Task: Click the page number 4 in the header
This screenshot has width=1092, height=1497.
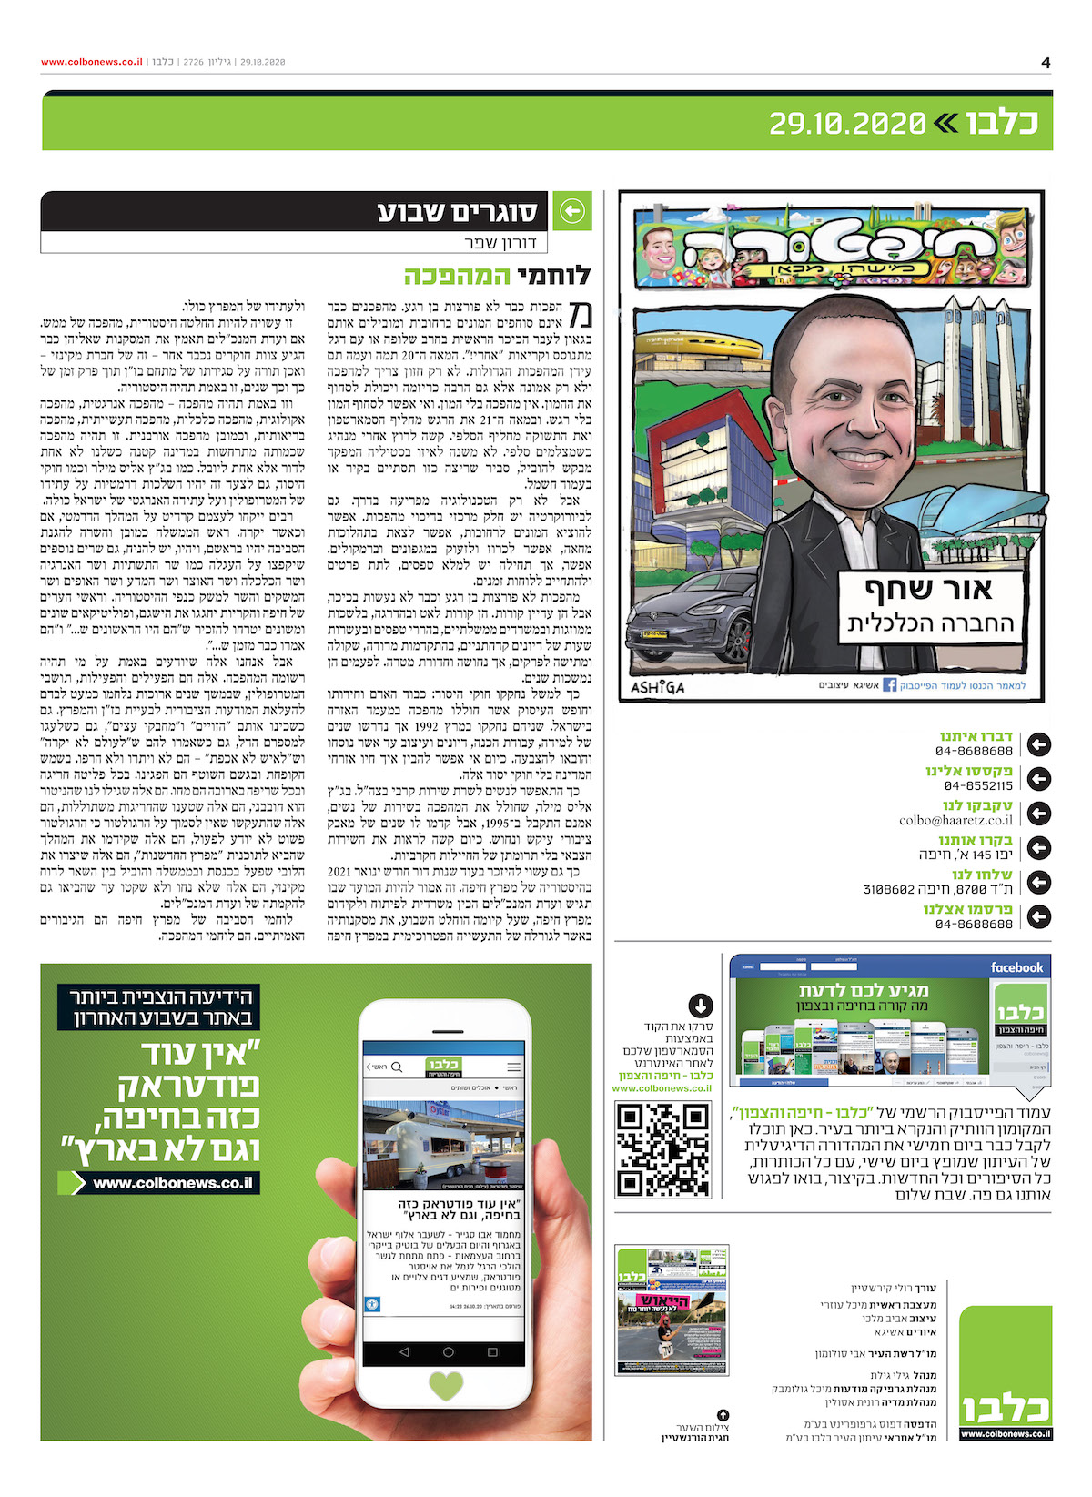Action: [x=1046, y=63]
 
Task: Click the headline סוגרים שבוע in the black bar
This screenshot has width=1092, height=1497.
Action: [x=457, y=212]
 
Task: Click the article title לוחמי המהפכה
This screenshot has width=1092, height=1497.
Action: [x=498, y=276]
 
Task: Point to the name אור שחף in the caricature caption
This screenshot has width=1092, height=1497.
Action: [x=929, y=590]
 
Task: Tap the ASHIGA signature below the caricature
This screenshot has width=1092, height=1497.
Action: [x=658, y=687]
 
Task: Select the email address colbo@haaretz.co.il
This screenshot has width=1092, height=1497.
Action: [x=955, y=820]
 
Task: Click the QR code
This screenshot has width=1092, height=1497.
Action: [x=663, y=1148]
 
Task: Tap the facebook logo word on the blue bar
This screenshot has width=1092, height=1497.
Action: [x=1016, y=967]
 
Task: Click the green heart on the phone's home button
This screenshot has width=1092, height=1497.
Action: [x=445, y=1386]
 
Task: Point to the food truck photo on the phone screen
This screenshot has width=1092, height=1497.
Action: [x=444, y=1146]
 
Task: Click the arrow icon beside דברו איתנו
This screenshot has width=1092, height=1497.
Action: [x=1038, y=744]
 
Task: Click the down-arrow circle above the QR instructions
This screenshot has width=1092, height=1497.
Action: [x=700, y=1006]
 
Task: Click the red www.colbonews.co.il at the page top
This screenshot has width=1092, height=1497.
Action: [x=92, y=62]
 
